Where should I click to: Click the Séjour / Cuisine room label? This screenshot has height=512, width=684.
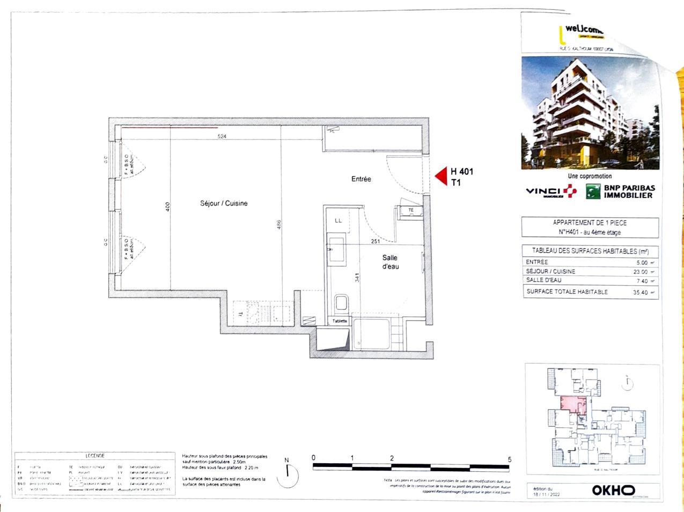point(224,203)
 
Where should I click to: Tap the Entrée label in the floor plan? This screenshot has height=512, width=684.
point(361,179)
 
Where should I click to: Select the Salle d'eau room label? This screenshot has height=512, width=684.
point(390,262)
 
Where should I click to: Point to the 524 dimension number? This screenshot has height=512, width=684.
point(222,137)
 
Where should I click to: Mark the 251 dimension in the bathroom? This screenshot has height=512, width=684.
point(376,242)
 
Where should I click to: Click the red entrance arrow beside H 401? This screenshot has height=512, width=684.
point(441,176)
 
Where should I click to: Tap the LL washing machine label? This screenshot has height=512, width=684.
point(338,220)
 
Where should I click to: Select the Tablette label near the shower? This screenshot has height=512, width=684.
point(340,321)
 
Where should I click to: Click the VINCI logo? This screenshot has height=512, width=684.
point(551,191)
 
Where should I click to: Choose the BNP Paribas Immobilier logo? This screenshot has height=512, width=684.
point(620,191)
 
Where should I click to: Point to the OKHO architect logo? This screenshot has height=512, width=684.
point(613,490)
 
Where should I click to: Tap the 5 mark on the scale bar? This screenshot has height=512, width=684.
point(509,459)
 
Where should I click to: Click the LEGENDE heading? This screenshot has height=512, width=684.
point(95,456)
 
